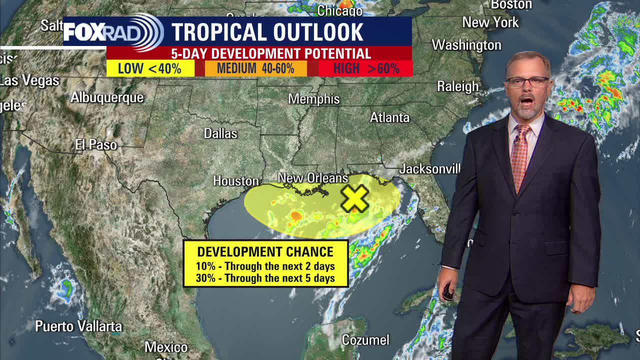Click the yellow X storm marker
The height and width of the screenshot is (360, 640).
[354, 198]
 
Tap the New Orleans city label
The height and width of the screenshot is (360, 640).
[312, 178]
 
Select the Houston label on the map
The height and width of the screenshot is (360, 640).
[236, 180]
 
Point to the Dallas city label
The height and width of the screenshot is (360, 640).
[220, 133]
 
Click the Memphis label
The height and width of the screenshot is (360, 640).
[313, 99]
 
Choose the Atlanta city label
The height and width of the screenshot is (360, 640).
[389, 117]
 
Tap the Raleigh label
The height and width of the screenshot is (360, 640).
[457, 86]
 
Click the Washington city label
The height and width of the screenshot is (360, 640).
[466, 45]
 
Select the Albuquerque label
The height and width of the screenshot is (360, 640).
[107, 97]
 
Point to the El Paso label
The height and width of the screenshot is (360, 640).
[96, 145]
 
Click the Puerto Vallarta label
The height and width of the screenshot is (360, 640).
[78, 326]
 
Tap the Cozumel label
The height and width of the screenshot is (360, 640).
[365, 340]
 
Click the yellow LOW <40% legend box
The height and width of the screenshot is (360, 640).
[150, 68]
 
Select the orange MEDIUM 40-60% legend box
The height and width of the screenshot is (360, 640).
[255, 68]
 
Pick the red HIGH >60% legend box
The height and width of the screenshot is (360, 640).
[366, 68]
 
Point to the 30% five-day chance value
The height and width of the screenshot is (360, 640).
[205, 278]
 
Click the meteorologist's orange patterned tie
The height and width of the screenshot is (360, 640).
[520, 155]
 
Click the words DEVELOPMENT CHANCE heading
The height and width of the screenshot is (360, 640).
[265, 252]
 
